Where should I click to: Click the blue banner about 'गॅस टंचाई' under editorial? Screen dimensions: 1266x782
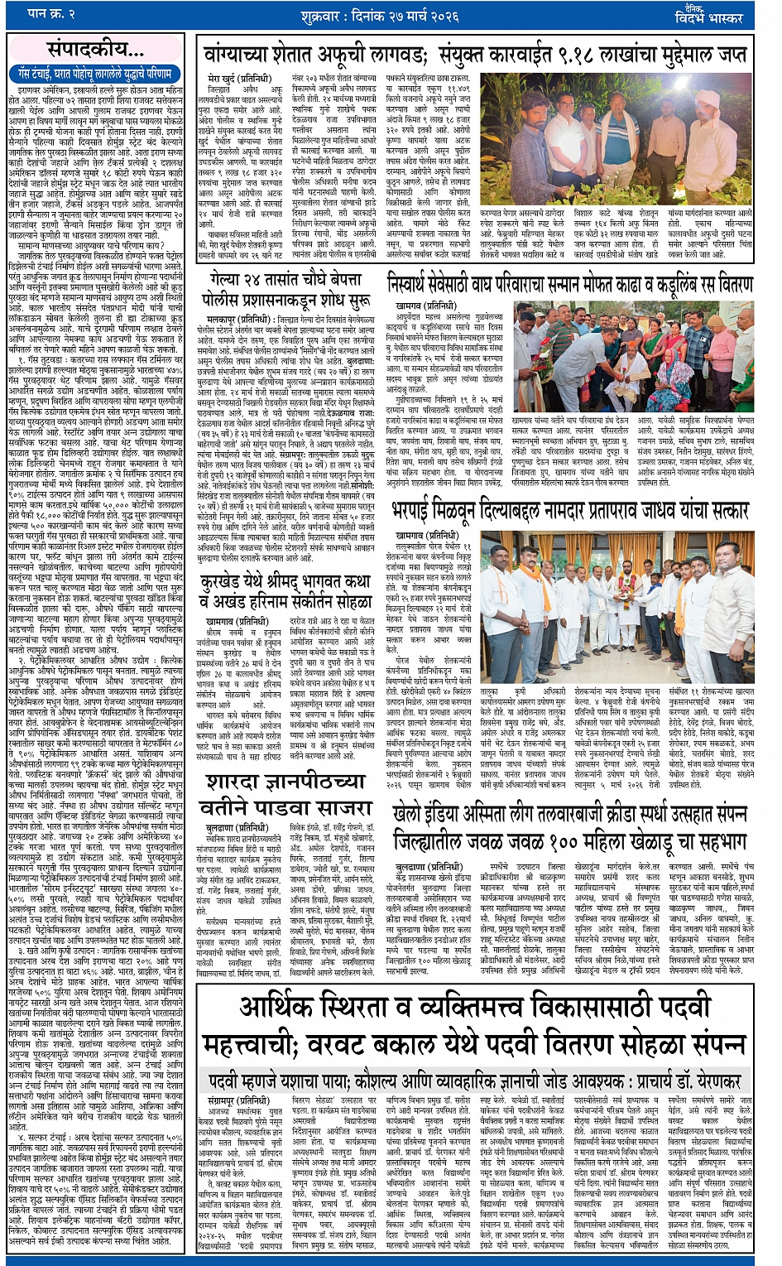click(x=95, y=74)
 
